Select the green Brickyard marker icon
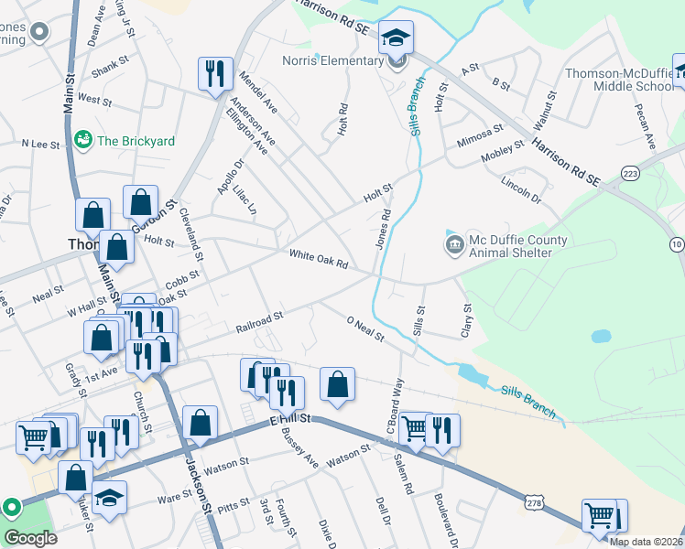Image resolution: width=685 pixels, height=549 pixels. click(x=83, y=140)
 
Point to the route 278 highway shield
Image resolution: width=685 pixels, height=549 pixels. click(x=536, y=502)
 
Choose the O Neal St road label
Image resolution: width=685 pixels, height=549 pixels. click(x=364, y=329)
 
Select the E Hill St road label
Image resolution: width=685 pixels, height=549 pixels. click(x=290, y=418)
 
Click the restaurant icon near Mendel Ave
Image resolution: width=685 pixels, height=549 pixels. click(x=215, y=73)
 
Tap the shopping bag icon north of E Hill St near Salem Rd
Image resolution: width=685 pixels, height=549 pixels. click(x=338, y=384)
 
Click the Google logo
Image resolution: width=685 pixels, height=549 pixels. click(x=30, y=538)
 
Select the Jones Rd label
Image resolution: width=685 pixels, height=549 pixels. click(x=384, y=230)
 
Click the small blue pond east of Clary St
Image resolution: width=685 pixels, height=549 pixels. click(x=601, y=336)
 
